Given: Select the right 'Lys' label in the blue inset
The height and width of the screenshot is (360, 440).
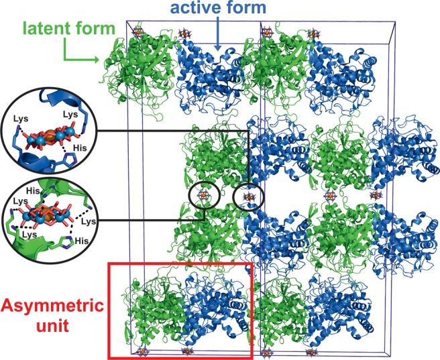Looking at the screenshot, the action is tap(69, 115).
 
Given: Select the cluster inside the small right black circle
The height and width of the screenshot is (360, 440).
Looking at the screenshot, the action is tap(249, 196).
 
